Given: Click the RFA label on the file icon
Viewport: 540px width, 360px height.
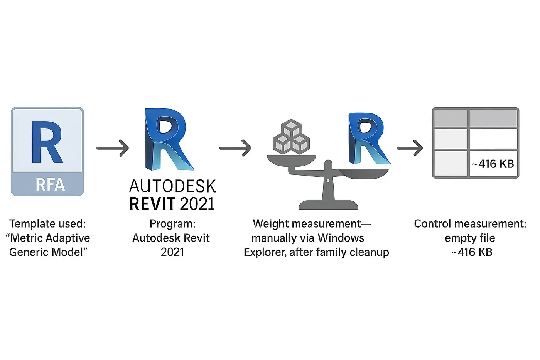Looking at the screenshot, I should [50, 184].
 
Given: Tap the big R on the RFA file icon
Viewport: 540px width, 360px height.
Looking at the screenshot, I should [47, 142].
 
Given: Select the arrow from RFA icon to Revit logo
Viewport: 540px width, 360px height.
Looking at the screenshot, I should [112, 148].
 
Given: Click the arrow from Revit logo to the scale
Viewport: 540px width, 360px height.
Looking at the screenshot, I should [235, 148].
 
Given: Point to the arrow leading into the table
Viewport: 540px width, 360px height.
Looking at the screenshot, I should [410, 148].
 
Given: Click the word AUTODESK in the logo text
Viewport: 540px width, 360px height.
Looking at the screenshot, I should [172, 186].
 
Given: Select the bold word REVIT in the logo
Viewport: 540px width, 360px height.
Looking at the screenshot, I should [153, 204].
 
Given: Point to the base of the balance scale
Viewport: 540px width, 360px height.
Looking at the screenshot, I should [328, 205].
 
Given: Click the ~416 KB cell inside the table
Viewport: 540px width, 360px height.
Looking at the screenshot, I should [493, 164].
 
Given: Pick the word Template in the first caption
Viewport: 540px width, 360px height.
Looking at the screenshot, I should [30, 224].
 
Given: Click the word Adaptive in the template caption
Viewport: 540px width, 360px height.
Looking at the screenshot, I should [70, 238].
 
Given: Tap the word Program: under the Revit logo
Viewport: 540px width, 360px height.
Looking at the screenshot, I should [172, 224].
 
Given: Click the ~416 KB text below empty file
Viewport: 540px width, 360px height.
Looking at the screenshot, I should [472, 252].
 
